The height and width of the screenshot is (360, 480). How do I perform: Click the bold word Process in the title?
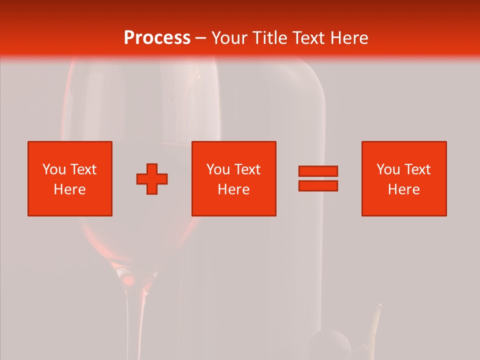tap(157, 38)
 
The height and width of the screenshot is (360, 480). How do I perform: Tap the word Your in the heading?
tap(229, 38)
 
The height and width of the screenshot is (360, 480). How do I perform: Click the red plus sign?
tap(152, 178)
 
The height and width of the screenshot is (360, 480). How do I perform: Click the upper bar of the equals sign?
tap(318, 171)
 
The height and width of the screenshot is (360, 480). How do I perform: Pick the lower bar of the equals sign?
tap(318, 186)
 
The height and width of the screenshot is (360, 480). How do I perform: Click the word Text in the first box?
tap(83, 169)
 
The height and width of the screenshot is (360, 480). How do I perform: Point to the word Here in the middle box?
tap(234, 189)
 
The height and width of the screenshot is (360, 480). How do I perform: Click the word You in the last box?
tap(388, 169)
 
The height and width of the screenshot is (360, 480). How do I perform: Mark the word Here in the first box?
tap(70, 189)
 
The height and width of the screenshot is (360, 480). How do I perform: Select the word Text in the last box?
tap(417, 169)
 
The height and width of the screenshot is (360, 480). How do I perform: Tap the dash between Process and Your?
tap(200, 38)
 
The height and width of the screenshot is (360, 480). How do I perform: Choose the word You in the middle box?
tap(218, 169)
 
